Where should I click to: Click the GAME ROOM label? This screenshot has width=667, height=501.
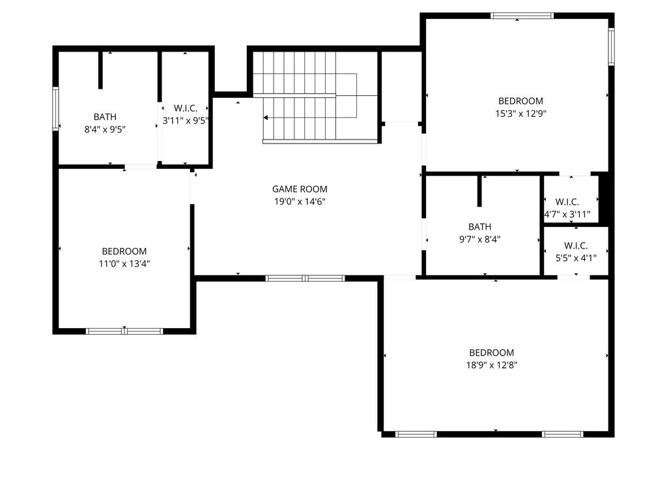click(300, 189)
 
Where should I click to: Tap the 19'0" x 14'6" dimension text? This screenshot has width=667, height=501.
click(300, 202)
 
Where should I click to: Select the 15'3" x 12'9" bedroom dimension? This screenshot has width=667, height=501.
click(520, 114)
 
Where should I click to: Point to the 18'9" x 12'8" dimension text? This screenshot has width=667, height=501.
click(492, 365)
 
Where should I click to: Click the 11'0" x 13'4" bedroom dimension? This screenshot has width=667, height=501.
click(124, 264)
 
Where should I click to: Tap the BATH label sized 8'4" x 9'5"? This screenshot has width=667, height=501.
click(105, 117)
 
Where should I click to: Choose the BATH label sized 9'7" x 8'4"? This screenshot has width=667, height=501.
click(480, 226)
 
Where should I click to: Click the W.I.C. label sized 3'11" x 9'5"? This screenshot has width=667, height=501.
click(186, 108)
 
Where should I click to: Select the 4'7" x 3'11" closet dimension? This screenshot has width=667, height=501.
click(567, 214)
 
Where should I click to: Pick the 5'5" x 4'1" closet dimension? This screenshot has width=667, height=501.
click(576, 258)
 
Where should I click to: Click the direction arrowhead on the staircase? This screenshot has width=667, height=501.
click(266, 117)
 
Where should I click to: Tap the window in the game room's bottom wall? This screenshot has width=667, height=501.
click(305, 279)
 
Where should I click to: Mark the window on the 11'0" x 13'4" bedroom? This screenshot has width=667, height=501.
click(124, 331)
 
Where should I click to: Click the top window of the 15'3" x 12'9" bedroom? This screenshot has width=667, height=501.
click(522, 16)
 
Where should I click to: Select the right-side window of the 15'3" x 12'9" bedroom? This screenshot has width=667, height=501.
click(611, 46)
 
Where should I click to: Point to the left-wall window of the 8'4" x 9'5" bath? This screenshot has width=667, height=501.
click(56, 108)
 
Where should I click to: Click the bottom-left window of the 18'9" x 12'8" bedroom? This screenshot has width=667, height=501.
click(416, 434)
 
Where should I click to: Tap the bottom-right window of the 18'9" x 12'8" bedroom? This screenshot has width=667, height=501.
click(562, 434)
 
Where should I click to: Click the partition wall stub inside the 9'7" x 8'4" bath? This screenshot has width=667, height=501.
click(479, 190)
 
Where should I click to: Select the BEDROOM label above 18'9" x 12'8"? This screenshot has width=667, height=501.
click(492, 353)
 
